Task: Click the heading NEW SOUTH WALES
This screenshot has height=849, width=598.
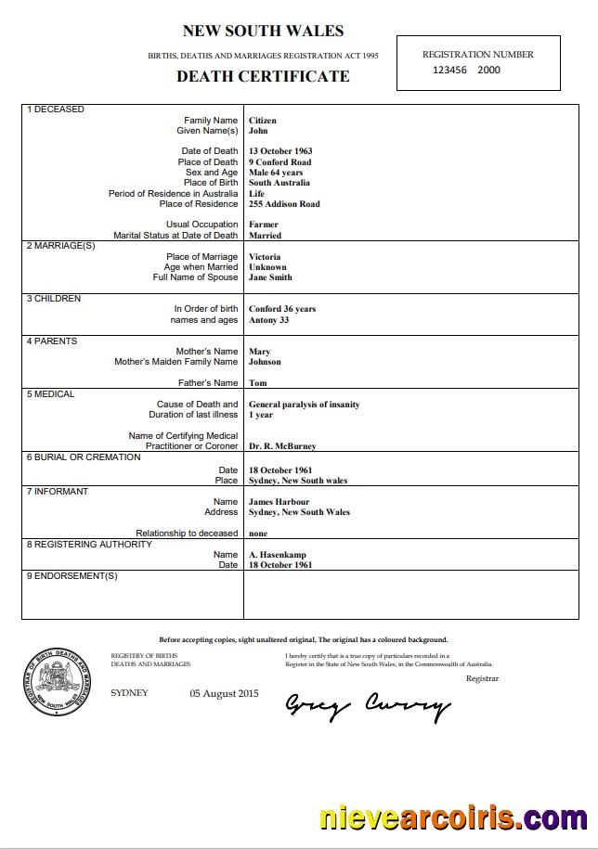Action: pos(263,32)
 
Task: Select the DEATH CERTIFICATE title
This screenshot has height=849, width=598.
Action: pos(263,76)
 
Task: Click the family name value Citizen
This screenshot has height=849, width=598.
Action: pos(263,121)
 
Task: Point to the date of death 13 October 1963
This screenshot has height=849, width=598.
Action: pos(280,151)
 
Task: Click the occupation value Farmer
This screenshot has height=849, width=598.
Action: pos(264,225)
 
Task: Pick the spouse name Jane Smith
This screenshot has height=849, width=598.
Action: pos(270,277)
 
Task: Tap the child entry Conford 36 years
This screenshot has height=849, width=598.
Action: pos(282,309)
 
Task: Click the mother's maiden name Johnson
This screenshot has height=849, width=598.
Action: pos(265,362)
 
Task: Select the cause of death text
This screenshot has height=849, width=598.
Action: pos(304,405)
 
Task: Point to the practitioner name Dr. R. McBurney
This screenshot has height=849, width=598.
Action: pos(282,446)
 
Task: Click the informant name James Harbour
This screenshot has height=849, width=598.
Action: pos(279,502)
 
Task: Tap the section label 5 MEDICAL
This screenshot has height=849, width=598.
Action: pos(51,394)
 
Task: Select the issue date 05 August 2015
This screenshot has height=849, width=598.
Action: pos(224,693)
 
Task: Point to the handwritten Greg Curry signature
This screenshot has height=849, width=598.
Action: pos(367,707)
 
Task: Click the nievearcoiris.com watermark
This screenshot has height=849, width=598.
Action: pos(452,818)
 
